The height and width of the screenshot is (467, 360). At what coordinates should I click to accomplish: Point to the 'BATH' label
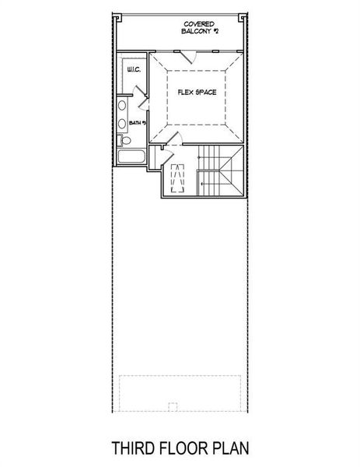click(x=135, y=123)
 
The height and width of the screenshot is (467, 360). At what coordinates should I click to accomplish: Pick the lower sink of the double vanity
click(x=123, y=124)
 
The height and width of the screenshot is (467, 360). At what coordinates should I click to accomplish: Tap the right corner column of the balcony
click(x=248, y=17)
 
